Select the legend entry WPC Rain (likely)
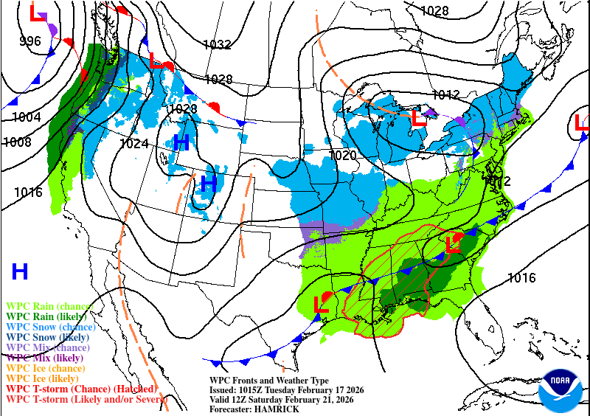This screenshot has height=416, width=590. click(x=49, y=316)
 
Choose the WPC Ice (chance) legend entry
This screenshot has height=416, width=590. click(x=46, y=368)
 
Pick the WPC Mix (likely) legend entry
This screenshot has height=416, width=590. click(x=46, y=358)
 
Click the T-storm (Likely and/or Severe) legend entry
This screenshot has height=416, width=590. click(x=82, y=399)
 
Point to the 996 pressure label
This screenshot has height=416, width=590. click(x=30, y=41)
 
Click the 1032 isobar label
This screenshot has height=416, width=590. click(x=218, y=45)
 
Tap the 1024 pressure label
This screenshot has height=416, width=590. click(x=134, y=144)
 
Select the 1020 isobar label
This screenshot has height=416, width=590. click(x=344, y=155)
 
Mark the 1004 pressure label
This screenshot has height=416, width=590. click(x=27, y=117)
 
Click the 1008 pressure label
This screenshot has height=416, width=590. click(x=17, y=142)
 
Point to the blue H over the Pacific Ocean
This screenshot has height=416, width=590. click(x=20, y=271)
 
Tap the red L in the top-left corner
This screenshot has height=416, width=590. click(x=36, y=13)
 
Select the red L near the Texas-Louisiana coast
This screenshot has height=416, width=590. click(x=321, y=303)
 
